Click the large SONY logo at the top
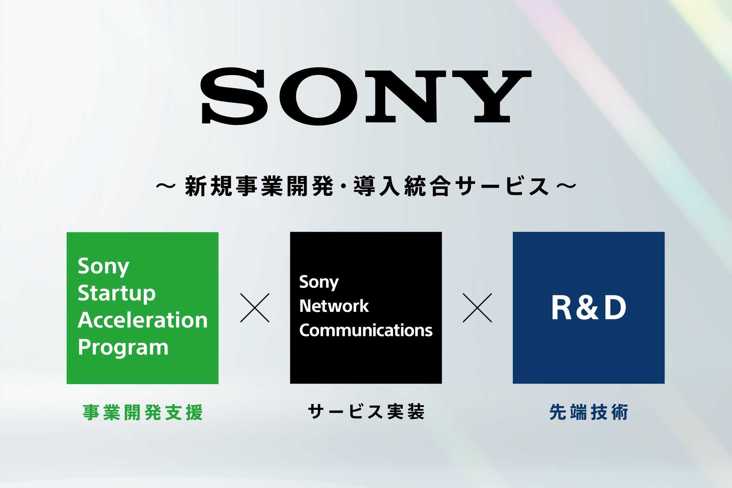coord(366,96)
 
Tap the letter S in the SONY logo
coord(235,96)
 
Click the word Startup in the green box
coord(116,294)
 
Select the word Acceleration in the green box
coord(143,320)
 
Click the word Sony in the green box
coord(103,267)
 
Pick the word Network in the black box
coord(334,306)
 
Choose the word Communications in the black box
coord(366,330)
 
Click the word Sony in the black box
coord(319,282)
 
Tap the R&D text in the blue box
coord(589,308)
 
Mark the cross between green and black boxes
coord(255,308)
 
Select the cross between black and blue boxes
coord(477,308)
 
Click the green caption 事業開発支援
coord(143,412)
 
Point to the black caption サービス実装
coord(366,412)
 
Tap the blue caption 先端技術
coord(589,412)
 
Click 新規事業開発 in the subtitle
coord(259,186)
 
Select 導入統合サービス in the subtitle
coord(450,186)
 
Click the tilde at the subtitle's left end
coord(166,185)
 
